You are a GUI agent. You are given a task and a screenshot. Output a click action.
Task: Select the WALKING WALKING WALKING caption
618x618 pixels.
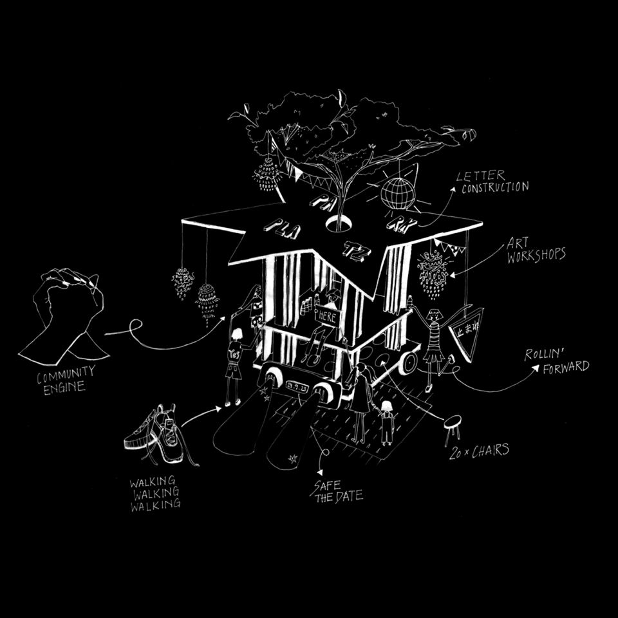(x=155, y=493)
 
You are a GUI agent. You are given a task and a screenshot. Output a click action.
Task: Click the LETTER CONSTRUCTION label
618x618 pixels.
(x=493, y=182)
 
